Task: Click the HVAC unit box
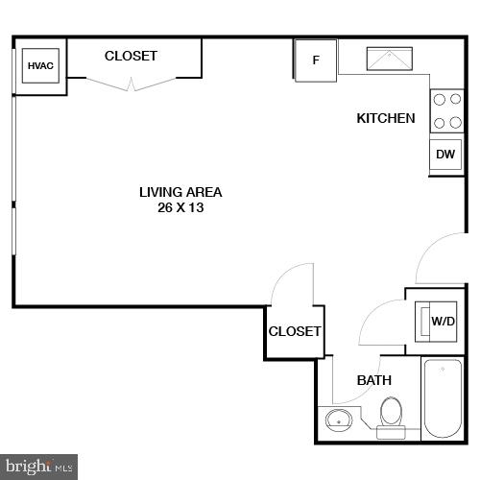(x=40, y=66)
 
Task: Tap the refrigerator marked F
(x=315, y=60)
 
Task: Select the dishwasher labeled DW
(x=444, y=155)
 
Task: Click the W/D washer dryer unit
(x=442, y=321)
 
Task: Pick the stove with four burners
(x=444, y=110)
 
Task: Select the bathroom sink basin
(x=338, y=420)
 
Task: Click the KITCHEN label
(x=386, y=118)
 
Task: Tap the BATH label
(x=374, y=380)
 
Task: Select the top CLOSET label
(x=131, y=56)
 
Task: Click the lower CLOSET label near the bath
(x=295, y=331)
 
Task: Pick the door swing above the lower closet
(x=291, y=283)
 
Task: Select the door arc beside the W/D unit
(x=381, y=324)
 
